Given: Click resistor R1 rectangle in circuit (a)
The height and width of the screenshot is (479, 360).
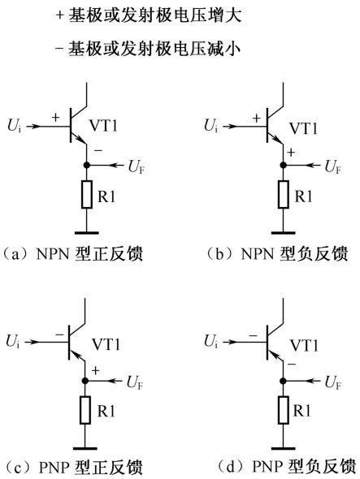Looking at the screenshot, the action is [87, 195].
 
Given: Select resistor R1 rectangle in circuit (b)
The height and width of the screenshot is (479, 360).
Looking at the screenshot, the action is [284, 195].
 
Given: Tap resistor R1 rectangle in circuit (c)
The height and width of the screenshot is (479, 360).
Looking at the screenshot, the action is [85, 410].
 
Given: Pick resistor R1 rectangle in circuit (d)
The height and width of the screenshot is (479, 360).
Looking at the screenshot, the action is [284, 410].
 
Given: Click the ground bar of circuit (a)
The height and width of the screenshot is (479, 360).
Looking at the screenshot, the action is [87, 233].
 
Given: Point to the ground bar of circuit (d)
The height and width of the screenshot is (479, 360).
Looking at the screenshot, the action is [284, 448].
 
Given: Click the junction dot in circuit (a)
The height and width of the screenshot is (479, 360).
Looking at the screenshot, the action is [87, 165].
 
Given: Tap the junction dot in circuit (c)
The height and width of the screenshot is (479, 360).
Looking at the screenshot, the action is [85, 381].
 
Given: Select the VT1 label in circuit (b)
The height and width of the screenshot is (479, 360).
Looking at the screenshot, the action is [303, 128].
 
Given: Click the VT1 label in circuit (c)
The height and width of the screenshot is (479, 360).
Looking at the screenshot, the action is [106, 344].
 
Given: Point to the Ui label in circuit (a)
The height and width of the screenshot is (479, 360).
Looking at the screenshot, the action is [15, 126].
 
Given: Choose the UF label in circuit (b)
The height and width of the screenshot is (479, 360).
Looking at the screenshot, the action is [333, 167].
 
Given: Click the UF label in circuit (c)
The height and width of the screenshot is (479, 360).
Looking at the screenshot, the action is [135, 382].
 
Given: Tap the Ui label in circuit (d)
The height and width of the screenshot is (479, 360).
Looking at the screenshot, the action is [211, 342].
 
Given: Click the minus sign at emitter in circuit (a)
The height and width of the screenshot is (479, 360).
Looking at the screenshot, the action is [98, 151].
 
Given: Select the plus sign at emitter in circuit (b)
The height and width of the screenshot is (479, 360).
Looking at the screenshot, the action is [291, 152].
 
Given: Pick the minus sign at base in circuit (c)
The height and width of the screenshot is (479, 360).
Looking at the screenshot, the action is [59, 335].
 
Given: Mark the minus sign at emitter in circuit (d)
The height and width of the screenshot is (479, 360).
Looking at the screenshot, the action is [292, 365].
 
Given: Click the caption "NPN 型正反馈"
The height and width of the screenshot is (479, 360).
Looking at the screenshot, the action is [89, 254].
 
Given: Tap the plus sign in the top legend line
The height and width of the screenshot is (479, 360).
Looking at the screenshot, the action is [59, 15].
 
